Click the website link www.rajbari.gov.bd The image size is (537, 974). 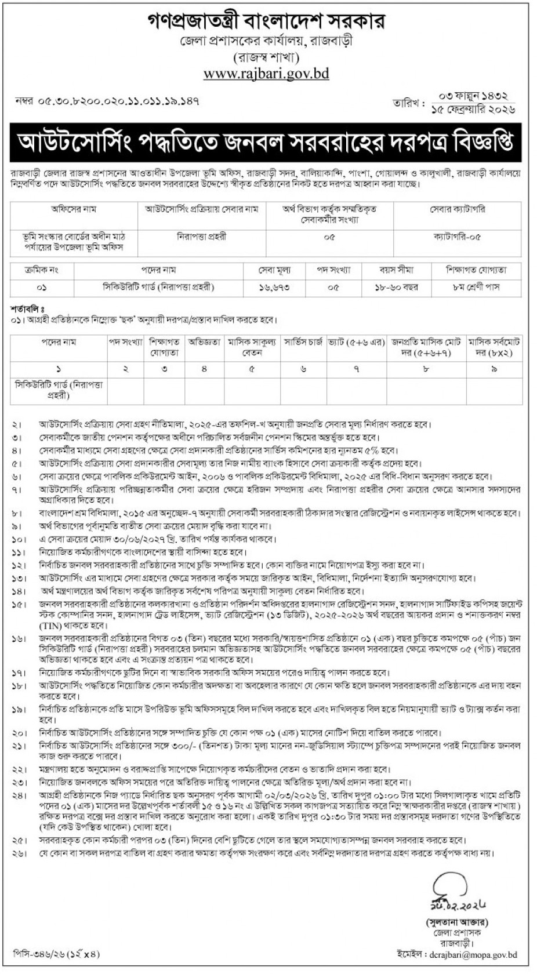267,74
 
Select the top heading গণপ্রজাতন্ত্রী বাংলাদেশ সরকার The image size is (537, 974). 266,21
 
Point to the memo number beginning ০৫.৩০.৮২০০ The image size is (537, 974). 108,100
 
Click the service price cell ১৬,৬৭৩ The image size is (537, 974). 275,286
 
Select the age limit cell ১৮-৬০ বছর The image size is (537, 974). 397,286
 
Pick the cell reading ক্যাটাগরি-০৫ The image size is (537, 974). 457,237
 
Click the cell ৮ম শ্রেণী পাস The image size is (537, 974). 476,286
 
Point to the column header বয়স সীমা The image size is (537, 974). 397,270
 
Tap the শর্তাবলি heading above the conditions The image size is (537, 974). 28,307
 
